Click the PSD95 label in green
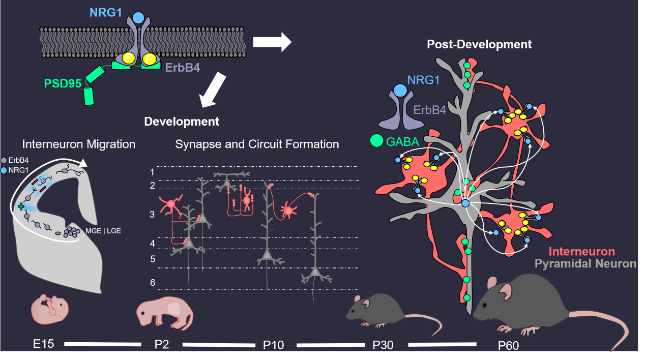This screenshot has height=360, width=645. (63, 83)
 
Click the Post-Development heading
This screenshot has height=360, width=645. (479, 44)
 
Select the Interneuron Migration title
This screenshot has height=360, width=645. (79, 144)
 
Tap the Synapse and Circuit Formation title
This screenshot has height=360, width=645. (257, 144)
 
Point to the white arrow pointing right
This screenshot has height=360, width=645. (272, 42)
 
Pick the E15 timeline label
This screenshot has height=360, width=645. (44, 344)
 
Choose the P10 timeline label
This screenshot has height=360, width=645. (273, 346)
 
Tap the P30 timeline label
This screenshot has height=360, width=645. (383, 345)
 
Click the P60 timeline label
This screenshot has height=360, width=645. (508, 346)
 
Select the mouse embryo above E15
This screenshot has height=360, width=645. (50, 309)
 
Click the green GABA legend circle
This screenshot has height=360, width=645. (376, 141)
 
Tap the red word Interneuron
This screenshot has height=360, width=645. (582, 252)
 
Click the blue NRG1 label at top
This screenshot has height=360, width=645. (106, 12)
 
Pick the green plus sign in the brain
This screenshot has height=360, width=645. (21, 206)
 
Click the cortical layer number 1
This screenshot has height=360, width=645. (152, 172)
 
